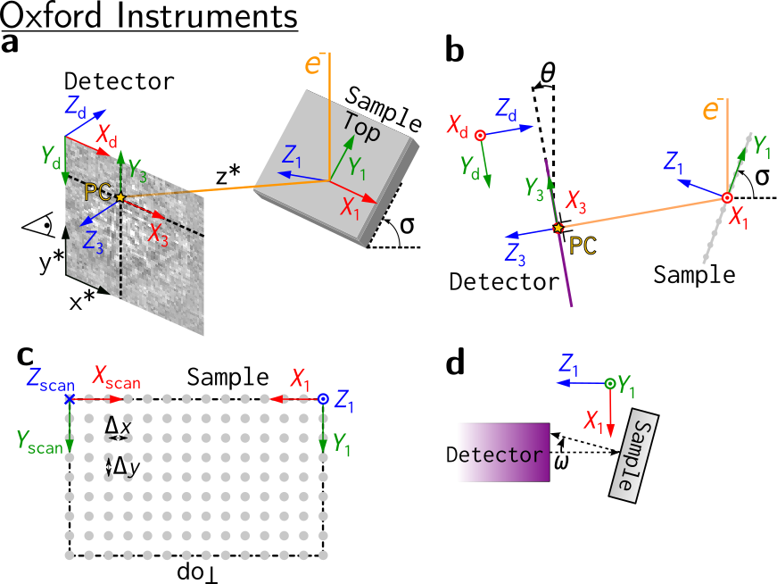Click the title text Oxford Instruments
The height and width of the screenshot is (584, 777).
coord(149,16)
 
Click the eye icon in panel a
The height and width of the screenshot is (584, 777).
coord(38,226)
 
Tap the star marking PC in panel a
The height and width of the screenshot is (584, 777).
coord(120,197)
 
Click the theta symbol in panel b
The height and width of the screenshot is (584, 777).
coord(548,73)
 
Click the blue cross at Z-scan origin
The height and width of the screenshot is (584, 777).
coord(70,398)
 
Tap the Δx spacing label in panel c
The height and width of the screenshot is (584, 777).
coord(118,426)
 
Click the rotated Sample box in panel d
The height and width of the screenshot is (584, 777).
coord(633,456)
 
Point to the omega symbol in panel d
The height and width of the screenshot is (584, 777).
coord(561,462)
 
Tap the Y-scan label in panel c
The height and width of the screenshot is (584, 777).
coord(39,442)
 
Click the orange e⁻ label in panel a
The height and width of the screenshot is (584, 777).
coord(314,64)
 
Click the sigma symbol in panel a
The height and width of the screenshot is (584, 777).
coord(407,225)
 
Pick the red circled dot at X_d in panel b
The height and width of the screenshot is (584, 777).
coord(480,135)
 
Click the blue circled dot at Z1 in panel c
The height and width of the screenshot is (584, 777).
coord(323,398)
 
